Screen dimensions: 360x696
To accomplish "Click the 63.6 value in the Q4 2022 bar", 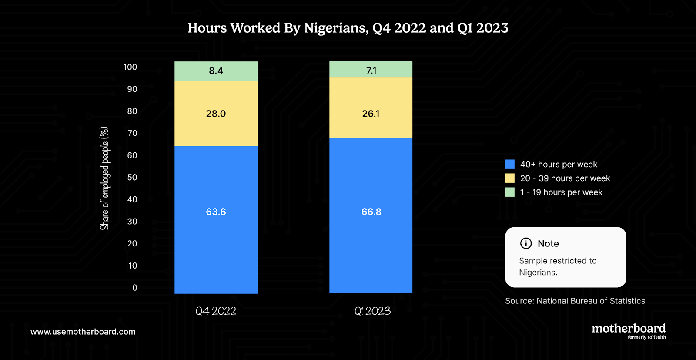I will click(x=216, y=212).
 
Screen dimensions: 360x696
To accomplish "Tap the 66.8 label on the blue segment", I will click(x=371, y=212).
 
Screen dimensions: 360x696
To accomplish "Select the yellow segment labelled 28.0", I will click(x=216, y=114).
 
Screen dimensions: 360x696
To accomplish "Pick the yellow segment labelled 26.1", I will click(x=371, y=114).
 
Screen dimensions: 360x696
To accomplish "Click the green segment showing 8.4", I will click(x=216, y=71).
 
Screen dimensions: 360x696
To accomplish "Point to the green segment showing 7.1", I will click(x=371, y=71).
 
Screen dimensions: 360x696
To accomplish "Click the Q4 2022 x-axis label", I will click(x=216, y=311).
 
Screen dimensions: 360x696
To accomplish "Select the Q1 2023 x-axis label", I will click(x=372, y=311).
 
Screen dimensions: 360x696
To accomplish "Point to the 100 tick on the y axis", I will click(x=130, y=67).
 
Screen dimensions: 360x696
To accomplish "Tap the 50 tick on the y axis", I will click(x=132, y=178).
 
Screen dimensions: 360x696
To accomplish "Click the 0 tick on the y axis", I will click(x=134, y=288).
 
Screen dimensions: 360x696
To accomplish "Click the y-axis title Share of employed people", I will click(x=104, y=178).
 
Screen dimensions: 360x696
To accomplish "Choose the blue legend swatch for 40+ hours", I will click(x=510, y=164).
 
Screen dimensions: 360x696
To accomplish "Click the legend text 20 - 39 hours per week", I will click(x=565, y=178).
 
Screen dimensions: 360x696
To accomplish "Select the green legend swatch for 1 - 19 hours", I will click(x=510, y=192).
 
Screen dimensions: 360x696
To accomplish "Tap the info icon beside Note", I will click(x=526, y=243).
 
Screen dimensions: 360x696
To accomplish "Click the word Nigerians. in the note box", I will click(x=538, y=273).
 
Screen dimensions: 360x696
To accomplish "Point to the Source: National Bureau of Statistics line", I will click(x=575, y=301).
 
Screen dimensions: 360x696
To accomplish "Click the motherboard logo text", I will click(x=629, y=329).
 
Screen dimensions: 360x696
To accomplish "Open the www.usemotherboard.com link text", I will click(x=83, y=332).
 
